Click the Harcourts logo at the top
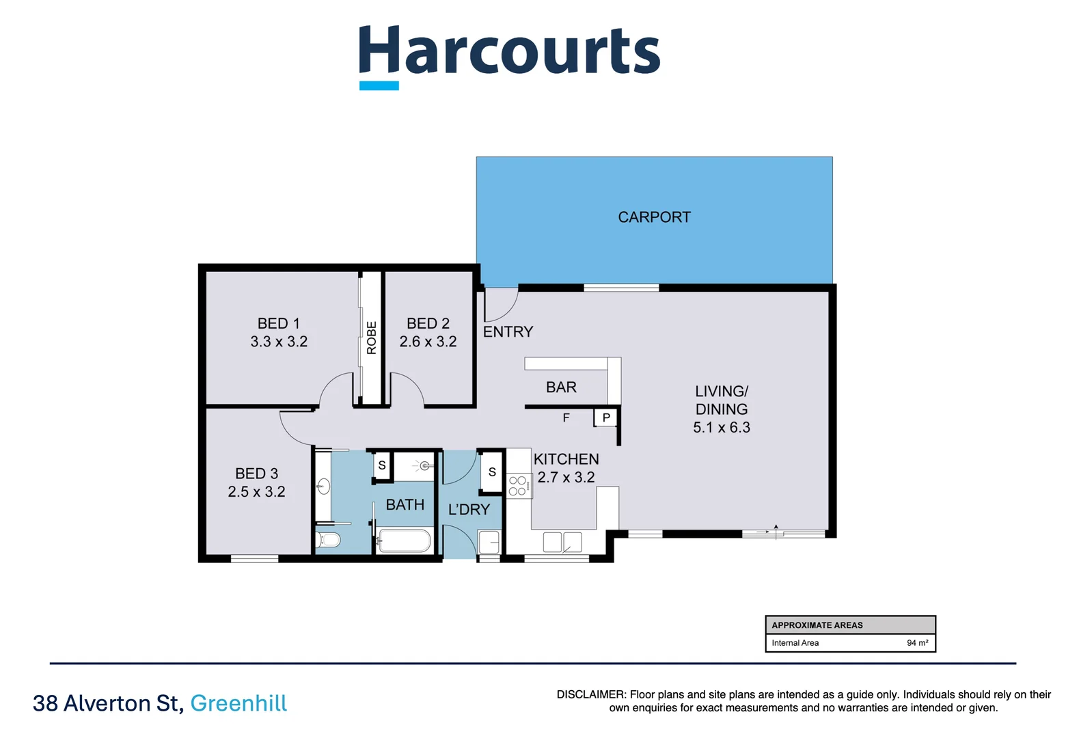[x=509, y=55]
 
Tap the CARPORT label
[x=654, y=217]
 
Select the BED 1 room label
[x=278, y=324]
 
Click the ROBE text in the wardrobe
[x=372, y=338]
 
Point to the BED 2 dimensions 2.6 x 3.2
[x=428, y=342]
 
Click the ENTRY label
[x=508, y=332]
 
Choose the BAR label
[x=561, y=387]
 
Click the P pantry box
[x=606, y=418]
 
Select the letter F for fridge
[x=566, y=418]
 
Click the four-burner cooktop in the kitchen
[x=518, y=486]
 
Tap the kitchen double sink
[x=562, y=543]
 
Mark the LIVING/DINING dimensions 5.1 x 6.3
[x=721, y=428]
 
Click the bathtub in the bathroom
[x=405, y=541]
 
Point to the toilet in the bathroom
[x=329, y=541]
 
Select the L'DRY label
[x=469, y=510]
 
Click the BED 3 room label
[x=256, y=474]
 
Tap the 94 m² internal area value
[x=917, y=643]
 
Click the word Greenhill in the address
[x=238, y=703]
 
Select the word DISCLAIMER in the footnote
[x=590, y=695]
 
